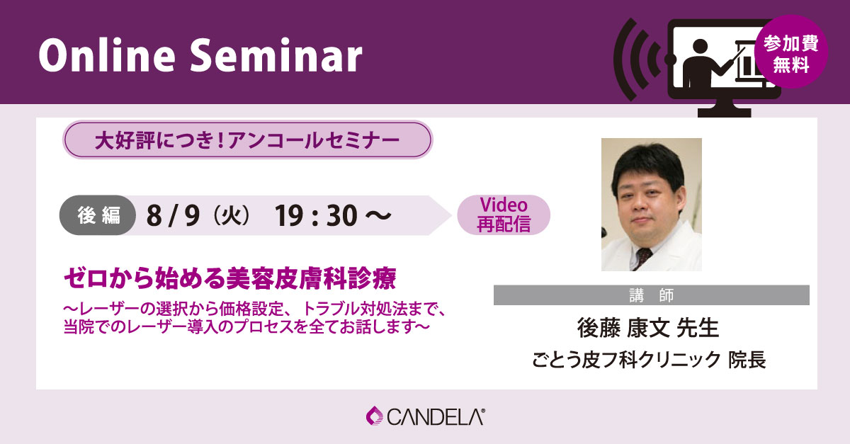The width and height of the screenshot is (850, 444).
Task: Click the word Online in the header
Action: pos(107,55)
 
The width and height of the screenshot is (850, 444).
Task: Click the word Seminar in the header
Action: pos(276,55)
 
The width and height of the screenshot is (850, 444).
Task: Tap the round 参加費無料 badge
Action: pos(791,52)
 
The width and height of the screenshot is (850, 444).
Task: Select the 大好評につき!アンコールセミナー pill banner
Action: pos(247,140)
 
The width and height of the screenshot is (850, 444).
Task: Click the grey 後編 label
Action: pos(98,215)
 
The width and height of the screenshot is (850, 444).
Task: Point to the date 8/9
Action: pos(173,215)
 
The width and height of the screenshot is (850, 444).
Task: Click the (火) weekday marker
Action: pos(232,215)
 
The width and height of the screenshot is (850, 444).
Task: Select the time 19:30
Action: pos(316,215)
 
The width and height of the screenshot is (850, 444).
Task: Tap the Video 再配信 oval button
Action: pos(504,215)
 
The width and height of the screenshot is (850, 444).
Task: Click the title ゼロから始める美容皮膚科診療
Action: pos(230,278)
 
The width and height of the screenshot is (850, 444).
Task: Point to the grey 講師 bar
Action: pos(651,295)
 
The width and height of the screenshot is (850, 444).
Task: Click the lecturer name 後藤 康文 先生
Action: pos(647,328)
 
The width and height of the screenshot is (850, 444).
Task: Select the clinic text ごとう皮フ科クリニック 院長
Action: pos(649,360)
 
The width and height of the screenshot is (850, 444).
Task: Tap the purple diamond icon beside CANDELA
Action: pos(375,416)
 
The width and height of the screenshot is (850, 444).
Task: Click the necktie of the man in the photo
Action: pos(642,257)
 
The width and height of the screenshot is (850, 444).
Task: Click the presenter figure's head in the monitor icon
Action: pos(700,46)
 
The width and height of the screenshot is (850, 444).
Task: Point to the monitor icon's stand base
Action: pos(725,113)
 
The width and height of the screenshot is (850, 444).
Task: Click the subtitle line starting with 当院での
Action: pos(246,327)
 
